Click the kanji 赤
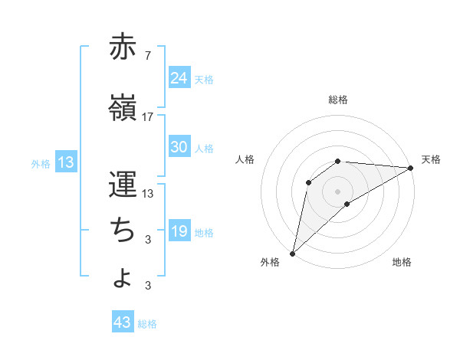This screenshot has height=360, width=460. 123,47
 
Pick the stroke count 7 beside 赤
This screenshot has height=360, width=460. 147,57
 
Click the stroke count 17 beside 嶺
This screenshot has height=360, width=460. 148,117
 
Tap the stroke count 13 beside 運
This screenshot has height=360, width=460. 149,194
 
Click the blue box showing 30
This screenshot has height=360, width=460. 179,147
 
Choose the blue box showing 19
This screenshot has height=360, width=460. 179,231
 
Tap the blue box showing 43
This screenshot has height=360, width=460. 123,322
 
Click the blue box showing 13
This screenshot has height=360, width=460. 65,162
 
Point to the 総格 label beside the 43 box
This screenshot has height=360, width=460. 147,324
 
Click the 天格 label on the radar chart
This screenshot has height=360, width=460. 431,159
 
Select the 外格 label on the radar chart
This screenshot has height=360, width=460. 270,263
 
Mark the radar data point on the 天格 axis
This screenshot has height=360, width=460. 411,168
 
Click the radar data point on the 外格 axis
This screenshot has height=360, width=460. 292,254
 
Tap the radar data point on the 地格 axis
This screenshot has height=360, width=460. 347,204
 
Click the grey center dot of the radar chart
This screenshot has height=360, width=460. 337,190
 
